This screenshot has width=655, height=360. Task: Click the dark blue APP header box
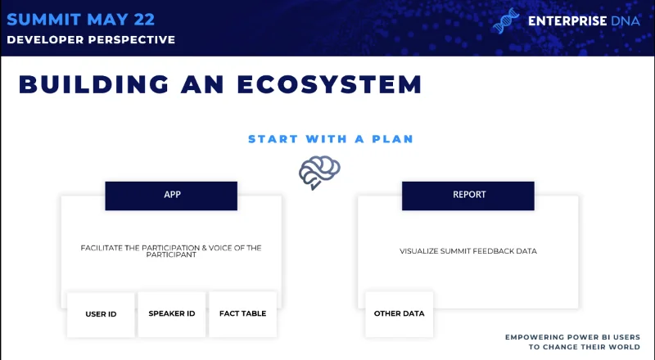coord(171,196)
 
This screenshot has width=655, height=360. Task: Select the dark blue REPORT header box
coord(468,196)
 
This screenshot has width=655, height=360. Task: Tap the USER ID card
coord(101,314)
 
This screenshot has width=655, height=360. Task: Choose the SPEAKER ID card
coord(172,314)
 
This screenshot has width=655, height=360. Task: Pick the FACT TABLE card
coord(242,314)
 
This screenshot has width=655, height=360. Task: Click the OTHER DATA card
coord(399,314)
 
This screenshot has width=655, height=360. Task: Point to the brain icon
coord(319,172)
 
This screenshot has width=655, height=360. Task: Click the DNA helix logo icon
coord(506,20)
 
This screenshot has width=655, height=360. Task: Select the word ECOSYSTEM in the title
coord(330,84)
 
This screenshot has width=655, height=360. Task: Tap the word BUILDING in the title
coord(94,84)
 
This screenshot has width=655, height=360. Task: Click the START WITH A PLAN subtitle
coord(331,139)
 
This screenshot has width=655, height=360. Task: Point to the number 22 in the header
coord(144,20)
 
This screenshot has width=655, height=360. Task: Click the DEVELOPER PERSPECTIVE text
coord(91,39)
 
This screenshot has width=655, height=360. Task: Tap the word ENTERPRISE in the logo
coord(567,21)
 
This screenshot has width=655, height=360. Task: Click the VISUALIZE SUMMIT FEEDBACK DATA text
coord(468,251)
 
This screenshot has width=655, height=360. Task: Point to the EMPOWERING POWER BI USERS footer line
coord(572,337)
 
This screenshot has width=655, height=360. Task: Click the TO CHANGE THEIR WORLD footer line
coord(585,347)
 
